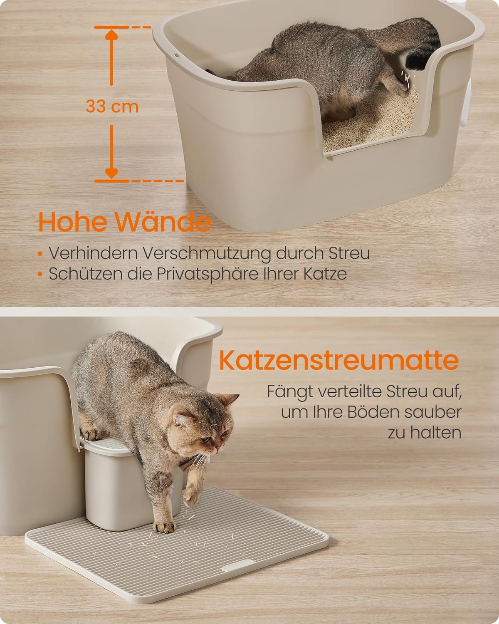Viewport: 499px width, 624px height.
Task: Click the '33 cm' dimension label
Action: [x=112, y=106]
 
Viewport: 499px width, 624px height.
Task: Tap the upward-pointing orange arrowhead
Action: [x=111, y=35]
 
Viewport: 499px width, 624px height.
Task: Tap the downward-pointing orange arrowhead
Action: [x=111, y=173]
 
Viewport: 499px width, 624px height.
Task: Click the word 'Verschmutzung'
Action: [x=206, y=254]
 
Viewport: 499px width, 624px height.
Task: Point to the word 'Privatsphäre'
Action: [x=208, y=274]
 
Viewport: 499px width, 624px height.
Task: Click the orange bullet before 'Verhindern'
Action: [x=40, y=254]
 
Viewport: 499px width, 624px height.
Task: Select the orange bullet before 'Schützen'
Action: [x=40, y=274]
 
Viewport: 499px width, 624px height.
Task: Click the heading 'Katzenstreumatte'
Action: [x=339, y=360]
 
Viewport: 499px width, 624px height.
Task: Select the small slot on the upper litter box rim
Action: [x=176, y=54]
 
